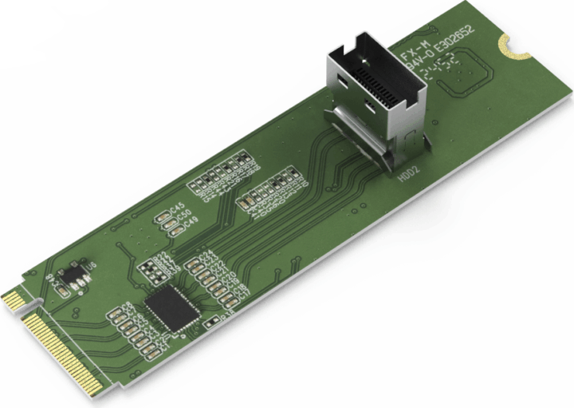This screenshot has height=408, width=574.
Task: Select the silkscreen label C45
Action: (175, 206)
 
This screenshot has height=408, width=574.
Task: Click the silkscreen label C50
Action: (183, 214)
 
